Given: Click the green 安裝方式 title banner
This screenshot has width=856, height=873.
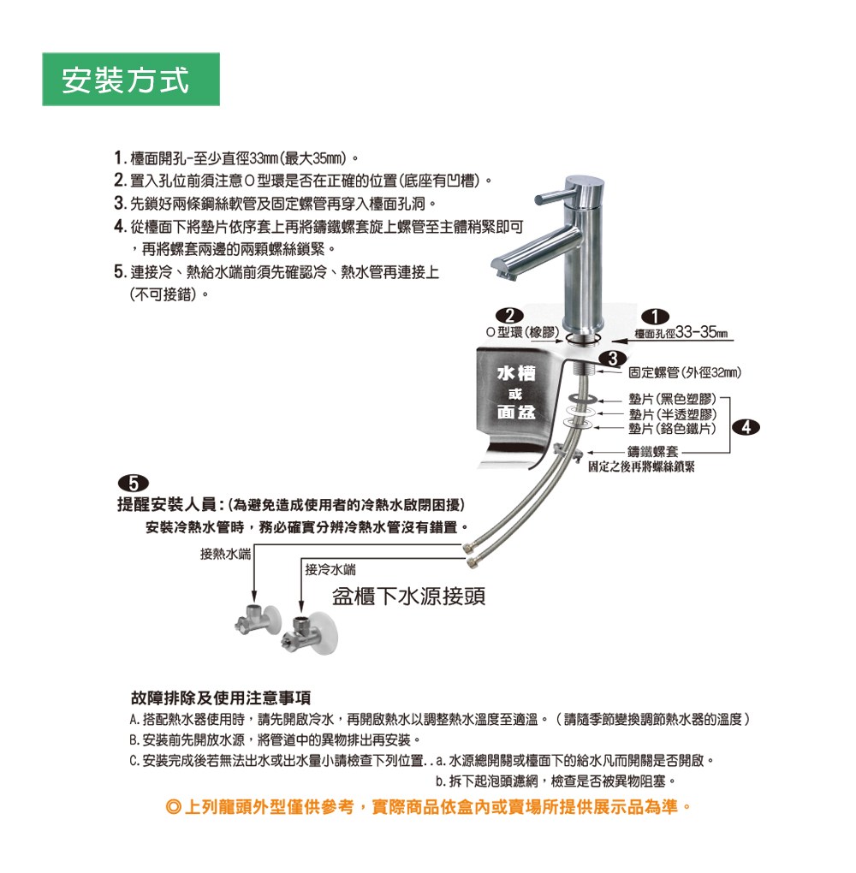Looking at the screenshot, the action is (x=131, y=79).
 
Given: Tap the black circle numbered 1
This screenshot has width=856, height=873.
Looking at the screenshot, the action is (x=656, y=316).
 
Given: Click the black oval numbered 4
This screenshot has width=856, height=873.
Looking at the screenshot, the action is (x=746, y=427).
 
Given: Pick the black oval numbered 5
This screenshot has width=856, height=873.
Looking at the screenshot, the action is (x=134, y=483).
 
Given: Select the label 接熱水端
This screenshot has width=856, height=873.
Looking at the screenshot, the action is (x=226, y=554).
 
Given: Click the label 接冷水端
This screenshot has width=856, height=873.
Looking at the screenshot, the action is (x=330, y=569).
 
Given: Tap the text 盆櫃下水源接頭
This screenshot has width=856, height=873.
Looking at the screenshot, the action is (x=409, y=597).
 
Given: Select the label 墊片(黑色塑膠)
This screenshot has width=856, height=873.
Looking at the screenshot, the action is (x=672, y=399).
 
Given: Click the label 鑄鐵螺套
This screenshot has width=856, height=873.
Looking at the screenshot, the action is (x=653, y=452).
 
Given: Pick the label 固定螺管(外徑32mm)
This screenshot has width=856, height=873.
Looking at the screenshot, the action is (x=685, y=373).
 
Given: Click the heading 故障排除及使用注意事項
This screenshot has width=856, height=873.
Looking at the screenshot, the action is (x=221, y=698).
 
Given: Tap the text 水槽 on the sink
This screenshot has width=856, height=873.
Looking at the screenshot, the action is (x=516, y=373).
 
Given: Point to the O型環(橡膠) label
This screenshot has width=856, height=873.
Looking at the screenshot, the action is (x=522, y=332).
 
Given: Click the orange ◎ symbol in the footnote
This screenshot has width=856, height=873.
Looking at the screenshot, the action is (x=173, y=807).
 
